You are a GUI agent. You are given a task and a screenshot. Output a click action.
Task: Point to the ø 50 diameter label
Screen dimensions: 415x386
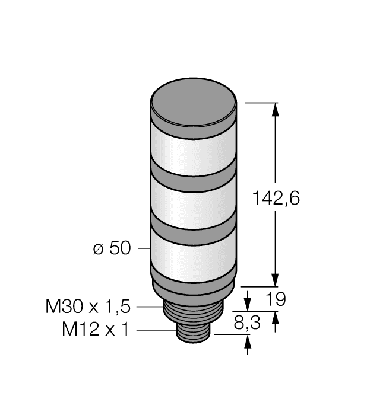click(x=112, y=249)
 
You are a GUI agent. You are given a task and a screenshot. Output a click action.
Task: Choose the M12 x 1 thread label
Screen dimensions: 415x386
click(x=95, y=330)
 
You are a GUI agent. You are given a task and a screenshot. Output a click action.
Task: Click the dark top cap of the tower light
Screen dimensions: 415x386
click(x=194, y=107)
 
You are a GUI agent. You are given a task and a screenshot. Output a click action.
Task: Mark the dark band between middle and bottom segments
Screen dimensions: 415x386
click(x=194, y=228)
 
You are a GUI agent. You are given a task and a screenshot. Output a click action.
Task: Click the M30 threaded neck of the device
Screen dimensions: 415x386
click(x=194, y=313)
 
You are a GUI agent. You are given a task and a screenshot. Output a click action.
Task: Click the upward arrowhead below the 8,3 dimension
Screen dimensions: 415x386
click(x=248, y=342)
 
